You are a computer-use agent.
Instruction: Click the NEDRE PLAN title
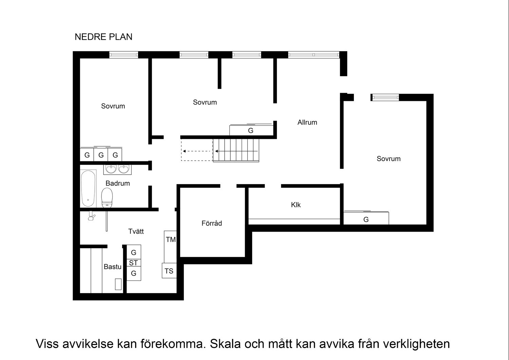coord(103,37)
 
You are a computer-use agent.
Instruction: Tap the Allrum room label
coord(307,122)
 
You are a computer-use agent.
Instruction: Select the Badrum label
coord(117,183)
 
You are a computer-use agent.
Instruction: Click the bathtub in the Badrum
coord(88,188)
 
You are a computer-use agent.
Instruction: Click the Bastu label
coord(112,267)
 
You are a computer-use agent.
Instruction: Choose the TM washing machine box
coord(170,240)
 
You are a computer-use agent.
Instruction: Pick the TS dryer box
coord(169,271)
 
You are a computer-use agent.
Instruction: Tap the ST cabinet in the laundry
coord(133,263)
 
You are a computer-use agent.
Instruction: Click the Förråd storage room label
coord(212,223)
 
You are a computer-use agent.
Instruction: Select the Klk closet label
coord(296,205)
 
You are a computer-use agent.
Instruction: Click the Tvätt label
coord(136,231)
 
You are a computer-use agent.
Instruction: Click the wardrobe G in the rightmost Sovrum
coord(366,219)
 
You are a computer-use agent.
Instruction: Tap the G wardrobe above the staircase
coord(251,130)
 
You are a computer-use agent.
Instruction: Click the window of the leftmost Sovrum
coord(124,55)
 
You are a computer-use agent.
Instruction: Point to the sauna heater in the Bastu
coord(118,284)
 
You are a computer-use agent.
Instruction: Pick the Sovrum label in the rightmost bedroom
coord(389,159)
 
